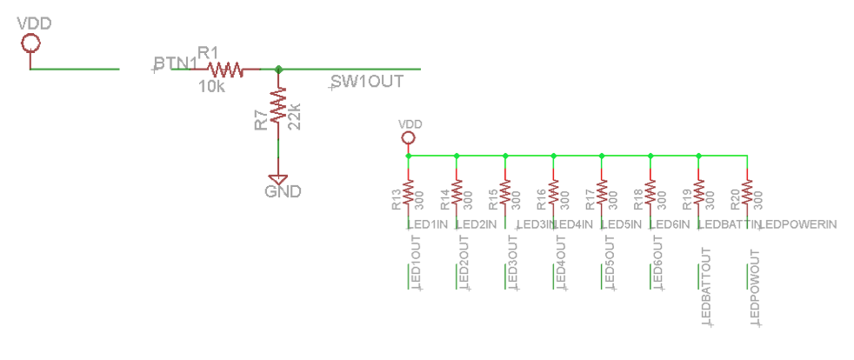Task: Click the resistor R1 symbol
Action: coord(224,69)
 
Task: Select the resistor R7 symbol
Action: coord(278,108)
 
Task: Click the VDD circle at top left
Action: coord(30,43)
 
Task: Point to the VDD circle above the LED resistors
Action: coord(408,137)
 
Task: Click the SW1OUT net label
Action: coord(365,82)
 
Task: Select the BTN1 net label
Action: coord(175,63)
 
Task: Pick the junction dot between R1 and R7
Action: coord(278,69)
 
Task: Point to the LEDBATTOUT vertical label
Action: coord(706,287)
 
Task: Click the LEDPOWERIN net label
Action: coord(799,225)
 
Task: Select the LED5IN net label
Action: coord(623,225)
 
